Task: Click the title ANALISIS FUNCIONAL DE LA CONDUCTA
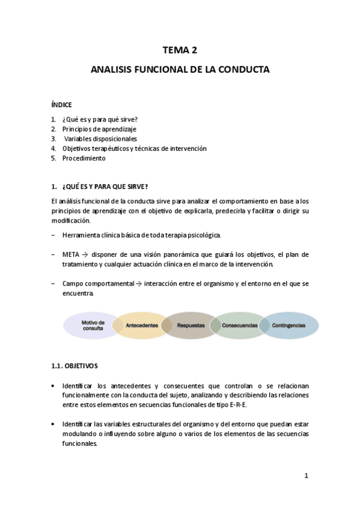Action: [180, 70]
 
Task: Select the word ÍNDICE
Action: [61, 105]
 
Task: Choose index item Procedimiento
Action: [84, 158]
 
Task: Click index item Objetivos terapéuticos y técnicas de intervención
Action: [134, 149]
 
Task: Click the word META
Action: [70, 254]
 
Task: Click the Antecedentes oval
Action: [142, 325]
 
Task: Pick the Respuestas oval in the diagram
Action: [191, 325]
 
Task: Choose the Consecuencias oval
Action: [239, 325]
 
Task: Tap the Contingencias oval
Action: [288, 325]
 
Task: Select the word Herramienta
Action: [82, 234]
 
